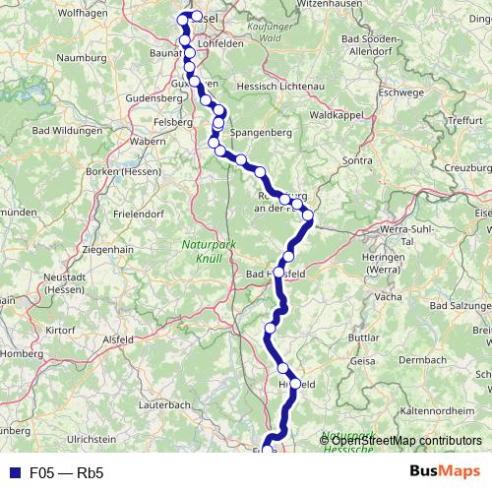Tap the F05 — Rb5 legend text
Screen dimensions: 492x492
point(66,472)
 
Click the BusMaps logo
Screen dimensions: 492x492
point(442,471)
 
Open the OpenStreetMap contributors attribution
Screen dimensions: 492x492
point(399,440)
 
